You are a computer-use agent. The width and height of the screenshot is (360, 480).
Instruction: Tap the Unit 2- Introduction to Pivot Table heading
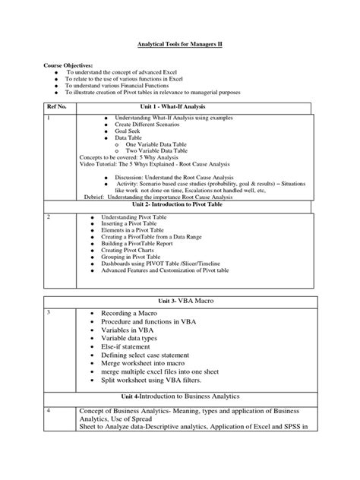point(177,205)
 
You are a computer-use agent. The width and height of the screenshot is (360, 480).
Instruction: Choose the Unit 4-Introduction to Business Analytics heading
point(179,396)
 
